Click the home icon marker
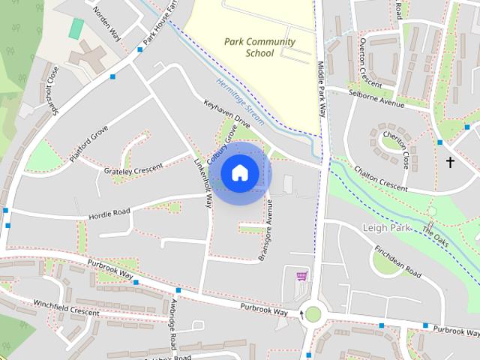point(239,172)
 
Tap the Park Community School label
point(259,47)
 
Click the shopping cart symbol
point(301,277)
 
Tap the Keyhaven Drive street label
point(226,114)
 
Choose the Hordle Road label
point(109,213)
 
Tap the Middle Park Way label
point(323,88)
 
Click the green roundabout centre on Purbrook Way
point(313,314)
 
